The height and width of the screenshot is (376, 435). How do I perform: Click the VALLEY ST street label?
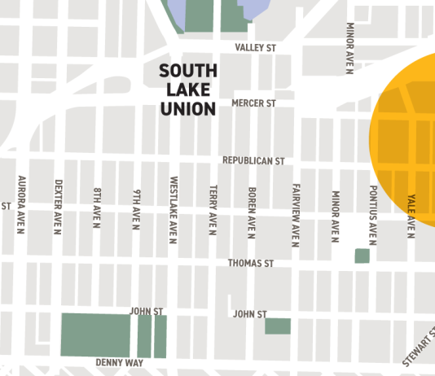tap(256, 48)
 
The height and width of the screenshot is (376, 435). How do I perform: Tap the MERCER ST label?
tap(254, 103)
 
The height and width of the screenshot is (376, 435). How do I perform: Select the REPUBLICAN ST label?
tap(253, 161)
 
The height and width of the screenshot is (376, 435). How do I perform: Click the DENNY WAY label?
tap(119, 362)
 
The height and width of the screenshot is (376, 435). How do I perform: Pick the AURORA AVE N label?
tap(20, 205)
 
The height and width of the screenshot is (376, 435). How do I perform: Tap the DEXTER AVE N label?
tap(58, 208)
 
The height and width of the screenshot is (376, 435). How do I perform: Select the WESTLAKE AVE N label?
tap(174, 210)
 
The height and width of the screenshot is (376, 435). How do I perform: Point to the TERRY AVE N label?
tap(212, 209)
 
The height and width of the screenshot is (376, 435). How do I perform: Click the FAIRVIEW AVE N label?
tap(296, 213)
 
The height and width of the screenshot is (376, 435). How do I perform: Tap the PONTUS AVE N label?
tap(372, 212)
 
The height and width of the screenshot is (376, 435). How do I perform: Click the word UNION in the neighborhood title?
tap(187, 107)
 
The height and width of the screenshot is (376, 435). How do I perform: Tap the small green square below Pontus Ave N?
tap(362, 256)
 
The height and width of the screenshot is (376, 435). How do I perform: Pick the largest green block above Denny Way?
tap(95, 334)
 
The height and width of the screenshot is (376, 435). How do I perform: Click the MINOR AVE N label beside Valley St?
tap(349, 50)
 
